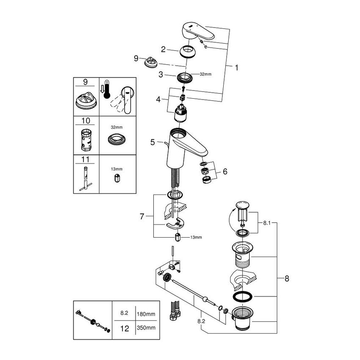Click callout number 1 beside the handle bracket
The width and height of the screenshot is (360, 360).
pyautogui.click(x=236, y=67)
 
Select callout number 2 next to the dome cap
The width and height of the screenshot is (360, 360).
pyautogui.click(x=163, y=49)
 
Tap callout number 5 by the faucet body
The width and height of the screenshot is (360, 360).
pyautogui.click(x=153, y=143)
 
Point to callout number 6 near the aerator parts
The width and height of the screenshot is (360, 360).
pyautogui.click(x=225, y=172)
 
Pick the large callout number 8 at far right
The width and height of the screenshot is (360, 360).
pyautogui.click(x=287, y=279)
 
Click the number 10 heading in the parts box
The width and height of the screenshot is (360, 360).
pyautogui.click(x=86, y=121)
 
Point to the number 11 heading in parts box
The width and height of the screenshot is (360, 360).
pyautogui.click(x=86, y=159)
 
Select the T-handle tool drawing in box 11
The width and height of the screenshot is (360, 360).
pyautogui.click(x=86, y=180)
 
